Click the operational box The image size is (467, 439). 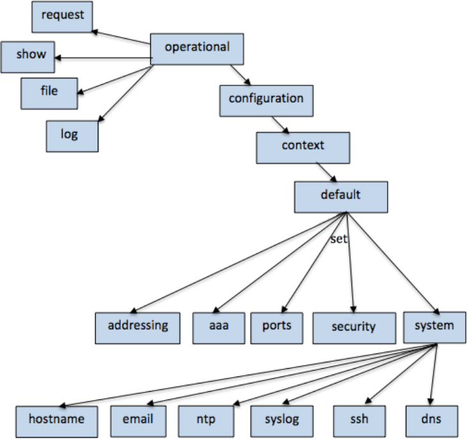point(197,48)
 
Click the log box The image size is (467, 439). point(72,135)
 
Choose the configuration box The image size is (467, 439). point(266,100)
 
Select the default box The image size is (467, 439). point(341,196)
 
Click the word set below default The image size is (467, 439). point(338,239)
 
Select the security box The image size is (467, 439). point(353,328)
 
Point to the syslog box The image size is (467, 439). point(282,421)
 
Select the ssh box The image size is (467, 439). point(360,421)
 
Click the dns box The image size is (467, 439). point(432,421)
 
